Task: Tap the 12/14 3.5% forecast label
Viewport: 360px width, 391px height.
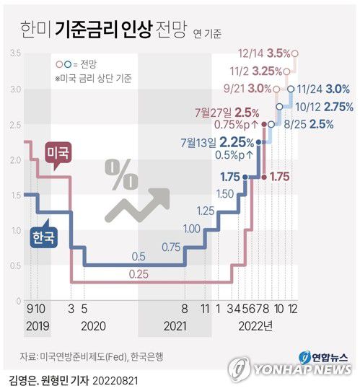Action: [x=265, y=54]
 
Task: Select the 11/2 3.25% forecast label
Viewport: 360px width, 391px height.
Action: [x=255, y=71]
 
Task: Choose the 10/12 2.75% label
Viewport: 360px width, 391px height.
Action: [x=322, y=106]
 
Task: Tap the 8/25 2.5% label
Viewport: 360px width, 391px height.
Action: [x=312, y=123]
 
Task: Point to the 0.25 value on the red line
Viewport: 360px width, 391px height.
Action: [x=139, y=275]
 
